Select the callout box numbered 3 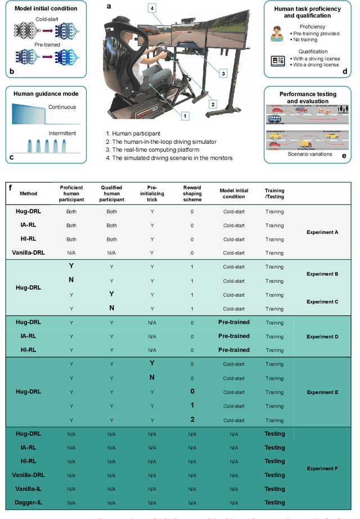tap(222, 73)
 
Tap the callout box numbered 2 tap(212, 104)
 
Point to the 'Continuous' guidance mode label tap(61, 107)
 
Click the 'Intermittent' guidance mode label tap(62, 133)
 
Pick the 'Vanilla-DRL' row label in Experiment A tap(28, 253)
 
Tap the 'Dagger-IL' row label tap(28, 503)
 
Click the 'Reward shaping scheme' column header tap(192, 193)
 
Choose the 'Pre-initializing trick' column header tap(152, 193)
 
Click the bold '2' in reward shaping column tap(192, 419)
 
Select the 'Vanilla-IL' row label tap(28, 489)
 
